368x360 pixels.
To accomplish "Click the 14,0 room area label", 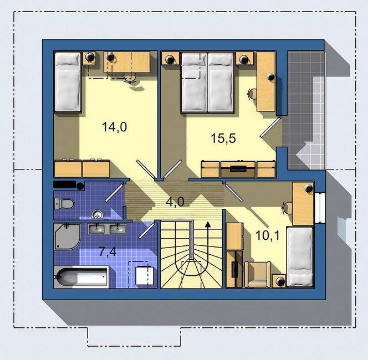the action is (115, 127).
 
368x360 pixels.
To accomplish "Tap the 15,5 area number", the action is (223, 138).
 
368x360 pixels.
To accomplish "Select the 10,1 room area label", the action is (267, 235).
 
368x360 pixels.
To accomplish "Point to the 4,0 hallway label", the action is (175, 202).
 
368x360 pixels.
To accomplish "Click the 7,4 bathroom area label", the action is (108, 252).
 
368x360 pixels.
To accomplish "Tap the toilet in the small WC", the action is (64, 204).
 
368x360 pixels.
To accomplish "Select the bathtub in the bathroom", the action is (81, 277).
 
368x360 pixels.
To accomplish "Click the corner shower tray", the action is (68, 236).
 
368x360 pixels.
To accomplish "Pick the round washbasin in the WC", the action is (97, 214).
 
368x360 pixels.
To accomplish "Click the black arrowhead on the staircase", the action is (207, 225).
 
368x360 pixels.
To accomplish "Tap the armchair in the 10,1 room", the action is (258, 274).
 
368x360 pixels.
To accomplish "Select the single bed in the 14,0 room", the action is (68, 83).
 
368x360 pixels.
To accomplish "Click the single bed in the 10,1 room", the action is (300, 256).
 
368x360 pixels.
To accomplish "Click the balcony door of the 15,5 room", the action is (270, 127).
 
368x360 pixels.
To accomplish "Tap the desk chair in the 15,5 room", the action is (253, 94).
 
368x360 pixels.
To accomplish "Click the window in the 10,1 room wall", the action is (320, 208).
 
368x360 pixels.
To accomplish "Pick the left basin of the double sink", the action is (96, 229).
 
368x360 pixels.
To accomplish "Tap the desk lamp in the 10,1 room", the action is (308, 188).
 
